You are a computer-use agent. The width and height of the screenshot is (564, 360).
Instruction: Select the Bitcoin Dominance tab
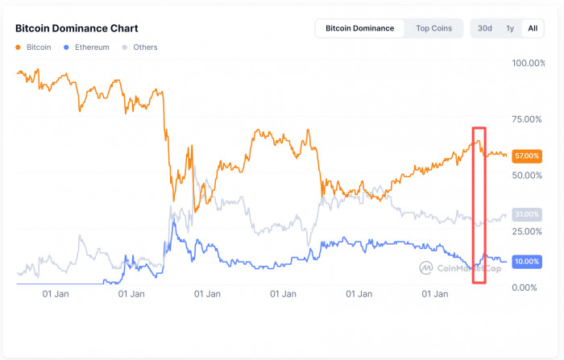(x=359, y=28)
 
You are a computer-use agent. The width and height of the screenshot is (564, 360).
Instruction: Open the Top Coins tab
(x=433, y=28)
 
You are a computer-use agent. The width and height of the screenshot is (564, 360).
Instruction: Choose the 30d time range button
(x=484, y=28)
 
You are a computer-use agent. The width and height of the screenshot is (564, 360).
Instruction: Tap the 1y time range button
(x=509, y=28)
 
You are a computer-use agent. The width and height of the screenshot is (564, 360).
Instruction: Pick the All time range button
(x=532, y=28)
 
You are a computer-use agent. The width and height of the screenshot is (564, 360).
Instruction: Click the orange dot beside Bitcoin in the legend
(x=19, y=48)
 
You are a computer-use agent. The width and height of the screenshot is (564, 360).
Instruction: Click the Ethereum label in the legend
(x=92, y=48)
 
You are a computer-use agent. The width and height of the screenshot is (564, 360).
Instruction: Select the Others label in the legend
(x=144, y=48)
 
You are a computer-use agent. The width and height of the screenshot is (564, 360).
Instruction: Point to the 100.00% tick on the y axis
(x=529, y=63)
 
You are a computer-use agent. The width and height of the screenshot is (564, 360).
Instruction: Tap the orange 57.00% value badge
(x=526, y=155)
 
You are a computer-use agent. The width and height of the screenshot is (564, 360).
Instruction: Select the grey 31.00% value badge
(x=526, y=214)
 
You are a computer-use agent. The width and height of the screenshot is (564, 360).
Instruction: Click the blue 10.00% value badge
(x=526, y=262)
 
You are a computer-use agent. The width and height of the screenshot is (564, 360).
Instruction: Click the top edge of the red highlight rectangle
(x=479, y=128)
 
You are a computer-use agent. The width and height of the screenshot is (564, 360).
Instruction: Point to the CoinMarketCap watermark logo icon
(x=426, y=268)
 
